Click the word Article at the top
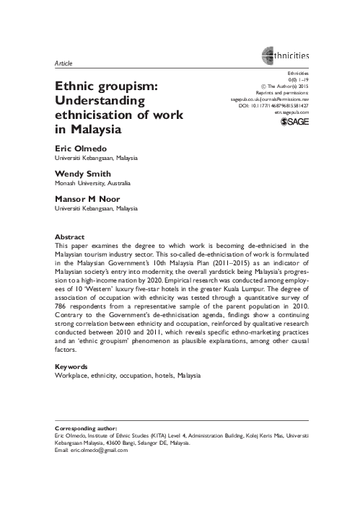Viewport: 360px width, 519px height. pos(63,64)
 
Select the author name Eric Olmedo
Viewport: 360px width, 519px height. pos(78,148)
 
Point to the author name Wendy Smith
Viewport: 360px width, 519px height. pos(82,174)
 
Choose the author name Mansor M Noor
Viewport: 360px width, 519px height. pos(87,199)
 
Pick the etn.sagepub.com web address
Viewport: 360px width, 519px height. pos(291,113)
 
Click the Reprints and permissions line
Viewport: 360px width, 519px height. pos(284,93)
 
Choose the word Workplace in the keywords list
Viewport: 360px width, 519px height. pos(71,376)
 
